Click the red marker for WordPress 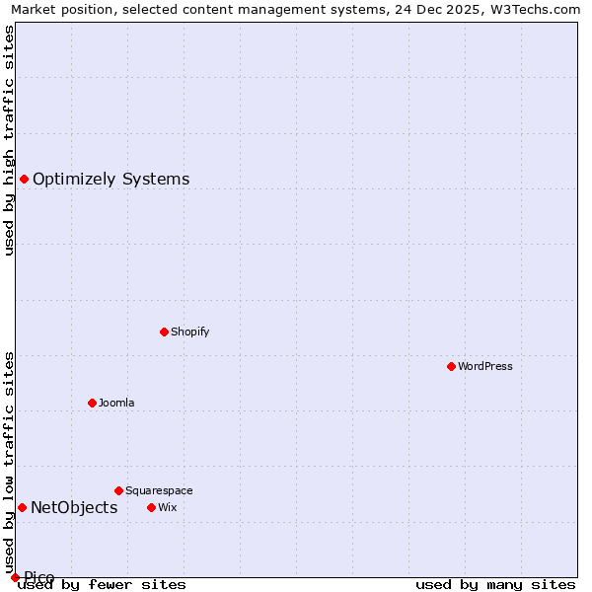pos(451,366)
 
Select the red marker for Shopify pos(164,332)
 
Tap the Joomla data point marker pos(92,403)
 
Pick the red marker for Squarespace pos(118,490)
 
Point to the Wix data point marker pos(151,507)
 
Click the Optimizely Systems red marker pos(24,179)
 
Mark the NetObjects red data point pos(22,507)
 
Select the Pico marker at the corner pos(15,577)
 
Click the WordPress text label pos(484,366)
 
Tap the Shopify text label pos(189,332)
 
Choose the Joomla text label pos(116,403)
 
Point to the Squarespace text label pos(159,490)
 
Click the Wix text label pos(167,507)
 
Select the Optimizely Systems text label pos(111,179)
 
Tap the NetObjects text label pos(74,507)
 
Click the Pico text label pos(39,577)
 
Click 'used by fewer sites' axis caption pos(102,585)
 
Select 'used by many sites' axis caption pos(495,585)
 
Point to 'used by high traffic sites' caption pos(9,140)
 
